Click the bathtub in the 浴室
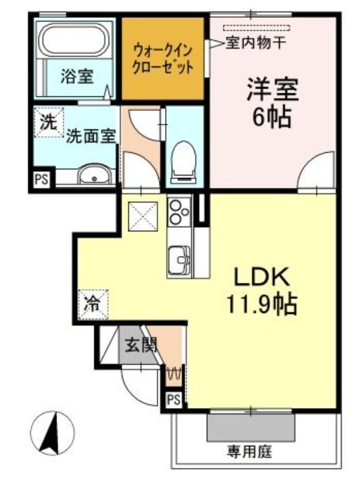[x=75, y=39]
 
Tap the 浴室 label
[x=77, y=76]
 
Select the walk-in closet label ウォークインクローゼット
[x=163, y=58]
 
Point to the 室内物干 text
[x=256, y=43]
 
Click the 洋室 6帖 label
[x=272, y=102]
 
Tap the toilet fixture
[x=183, y=162]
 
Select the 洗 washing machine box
[x=49, y=122]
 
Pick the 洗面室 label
[x=91, y=136]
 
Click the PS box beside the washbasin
[x=42, y=179]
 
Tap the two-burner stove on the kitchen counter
[x=179, y=211]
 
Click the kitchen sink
[x=179, y=256]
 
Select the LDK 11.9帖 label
[x=261, y=292]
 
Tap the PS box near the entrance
[x=174, y=400]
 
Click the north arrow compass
[x=53, y=433]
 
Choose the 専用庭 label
[x=250, y=452]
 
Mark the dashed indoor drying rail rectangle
[x=256, y=28]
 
